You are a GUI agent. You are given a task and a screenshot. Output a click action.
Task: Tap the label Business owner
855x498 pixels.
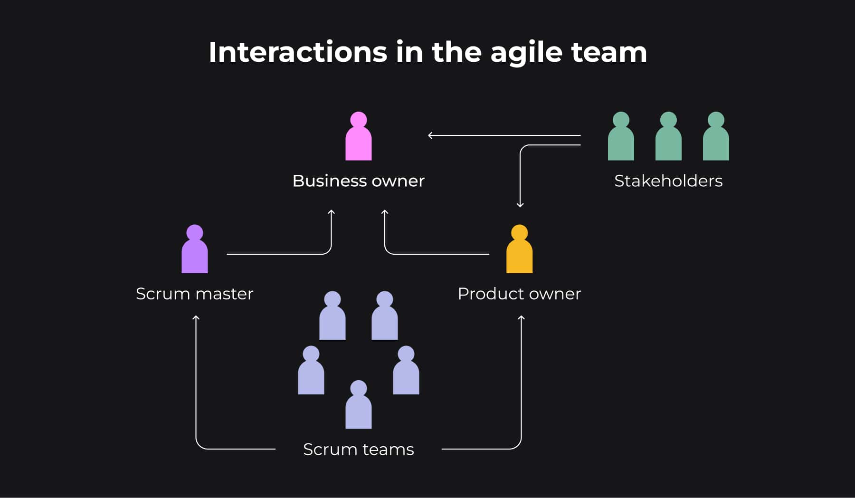(359, 181)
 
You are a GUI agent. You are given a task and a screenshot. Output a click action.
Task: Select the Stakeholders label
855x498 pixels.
(668, 181)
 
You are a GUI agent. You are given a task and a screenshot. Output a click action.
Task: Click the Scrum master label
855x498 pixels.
(195, 294)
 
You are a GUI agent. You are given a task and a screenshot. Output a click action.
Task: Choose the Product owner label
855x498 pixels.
(519, 294)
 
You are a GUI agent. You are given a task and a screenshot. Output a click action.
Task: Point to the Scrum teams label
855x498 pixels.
(359, 450)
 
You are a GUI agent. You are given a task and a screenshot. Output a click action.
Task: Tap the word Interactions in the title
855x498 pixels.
(298, 52)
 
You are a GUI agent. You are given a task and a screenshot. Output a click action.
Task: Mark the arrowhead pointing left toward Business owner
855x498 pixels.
(430, 135)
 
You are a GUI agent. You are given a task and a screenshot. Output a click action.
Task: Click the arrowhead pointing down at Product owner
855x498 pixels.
(520, 205)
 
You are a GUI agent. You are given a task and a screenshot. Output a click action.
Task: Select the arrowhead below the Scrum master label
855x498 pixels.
(196, 317)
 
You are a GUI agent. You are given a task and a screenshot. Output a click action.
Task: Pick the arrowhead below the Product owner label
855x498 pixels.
(521, 317)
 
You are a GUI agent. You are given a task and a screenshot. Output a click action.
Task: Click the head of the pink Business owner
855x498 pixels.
(359, 120)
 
